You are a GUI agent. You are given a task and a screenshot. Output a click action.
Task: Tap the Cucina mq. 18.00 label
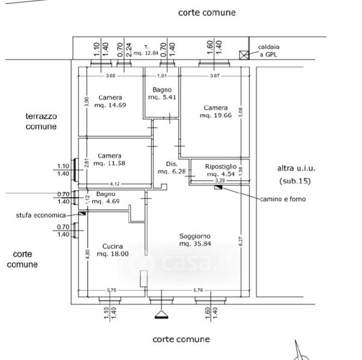pos(113,250)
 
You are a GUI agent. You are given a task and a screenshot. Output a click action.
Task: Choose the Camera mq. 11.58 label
pos(110,159)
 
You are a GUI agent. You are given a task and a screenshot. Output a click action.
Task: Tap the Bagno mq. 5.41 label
pos(161,94)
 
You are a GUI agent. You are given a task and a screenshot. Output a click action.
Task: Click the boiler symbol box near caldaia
pos(243,55)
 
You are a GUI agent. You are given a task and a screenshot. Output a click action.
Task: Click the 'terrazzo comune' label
pos(41,121)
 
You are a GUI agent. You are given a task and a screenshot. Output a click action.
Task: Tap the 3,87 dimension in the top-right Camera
pos(215,76)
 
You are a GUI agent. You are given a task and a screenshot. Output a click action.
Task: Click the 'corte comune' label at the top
pos(207,12)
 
